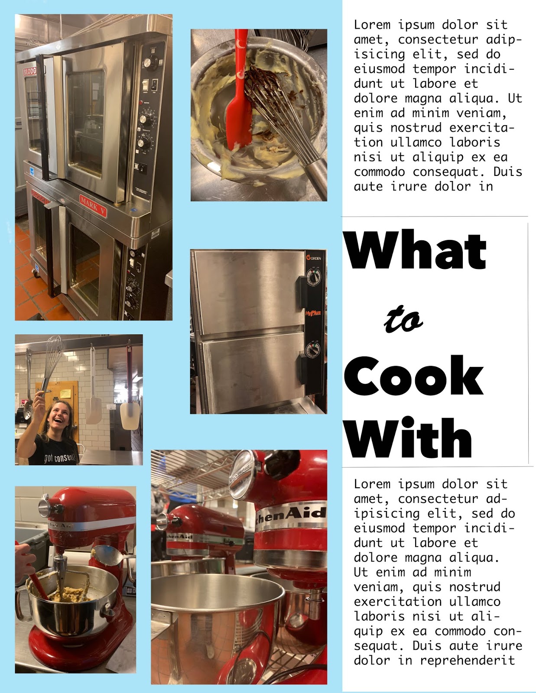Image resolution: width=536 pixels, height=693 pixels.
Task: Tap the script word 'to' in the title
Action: point(403,319)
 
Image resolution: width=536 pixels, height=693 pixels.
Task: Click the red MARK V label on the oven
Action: point(93,206)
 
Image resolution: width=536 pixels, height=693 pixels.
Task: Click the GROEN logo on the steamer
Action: point(314,258)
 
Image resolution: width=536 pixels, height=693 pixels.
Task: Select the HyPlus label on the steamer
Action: point(313,313)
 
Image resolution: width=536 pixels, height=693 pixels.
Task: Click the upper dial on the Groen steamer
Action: point(314,278)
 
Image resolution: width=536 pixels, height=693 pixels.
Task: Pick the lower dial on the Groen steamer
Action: point(313,350)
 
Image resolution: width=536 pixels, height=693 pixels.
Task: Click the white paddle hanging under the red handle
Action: point(130,416)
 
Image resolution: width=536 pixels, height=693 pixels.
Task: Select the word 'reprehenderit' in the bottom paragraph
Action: point(468,660)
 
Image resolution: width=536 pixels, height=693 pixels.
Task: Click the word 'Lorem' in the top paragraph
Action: point(372,25)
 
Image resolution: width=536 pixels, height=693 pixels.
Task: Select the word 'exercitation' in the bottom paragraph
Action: point(397,602)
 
